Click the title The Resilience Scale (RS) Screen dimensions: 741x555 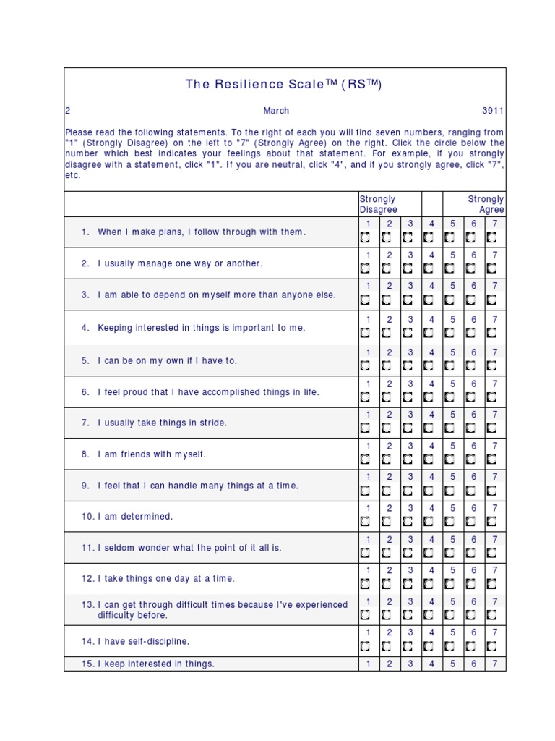[283, 84]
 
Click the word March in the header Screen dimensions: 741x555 [276, 111]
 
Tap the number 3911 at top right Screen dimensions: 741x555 [493, 111]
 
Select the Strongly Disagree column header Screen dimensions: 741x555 [379, 204]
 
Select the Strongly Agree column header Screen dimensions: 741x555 [486, 204]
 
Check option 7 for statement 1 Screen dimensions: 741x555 [492, 237]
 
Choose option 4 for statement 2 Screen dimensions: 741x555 [429, 268]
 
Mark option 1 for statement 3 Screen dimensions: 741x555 [365, 300]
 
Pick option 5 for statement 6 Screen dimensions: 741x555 [449, 397]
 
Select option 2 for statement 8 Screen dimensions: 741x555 [386, 460]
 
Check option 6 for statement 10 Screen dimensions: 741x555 [471, 522]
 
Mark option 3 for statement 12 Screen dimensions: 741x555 [408, 584]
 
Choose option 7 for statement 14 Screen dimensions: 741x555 [492, 646]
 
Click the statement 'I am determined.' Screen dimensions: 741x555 [135, 517]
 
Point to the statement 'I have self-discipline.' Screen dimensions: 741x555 [143, 641]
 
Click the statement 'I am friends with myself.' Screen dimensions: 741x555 [152, 454]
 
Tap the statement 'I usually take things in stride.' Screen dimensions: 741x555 [162, 423]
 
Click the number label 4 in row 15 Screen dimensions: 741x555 [431, 664]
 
